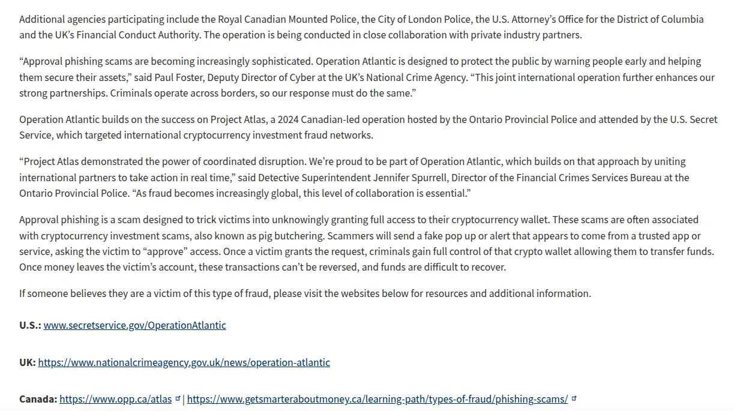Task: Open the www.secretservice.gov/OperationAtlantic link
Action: tap(134, 325)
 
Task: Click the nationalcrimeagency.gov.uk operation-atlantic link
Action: tap(184, 362)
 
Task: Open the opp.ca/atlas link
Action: tap(115, 399)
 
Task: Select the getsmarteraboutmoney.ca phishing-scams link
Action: tap(377, 399)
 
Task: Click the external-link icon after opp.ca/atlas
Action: tap(178, 398)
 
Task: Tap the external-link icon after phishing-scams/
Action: tap(574, 398)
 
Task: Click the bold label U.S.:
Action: tap(30, 325)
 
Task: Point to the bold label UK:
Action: tap(27, 362)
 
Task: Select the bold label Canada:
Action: tap(38, 399)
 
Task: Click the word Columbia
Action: tap(682, 19)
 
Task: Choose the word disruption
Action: tap(278, 161)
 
